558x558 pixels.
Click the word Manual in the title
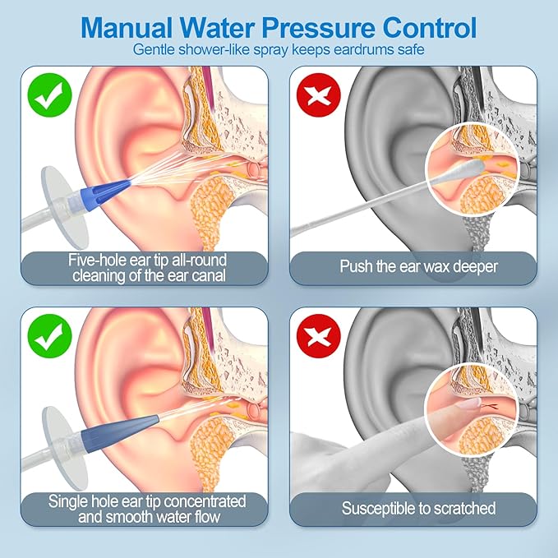127,27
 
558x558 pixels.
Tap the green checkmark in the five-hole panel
50,95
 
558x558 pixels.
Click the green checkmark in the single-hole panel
50,336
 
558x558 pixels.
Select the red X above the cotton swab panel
319,95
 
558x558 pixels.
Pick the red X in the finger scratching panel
319,336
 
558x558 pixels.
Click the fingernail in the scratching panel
468,403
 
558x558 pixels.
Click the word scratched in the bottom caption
465,508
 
